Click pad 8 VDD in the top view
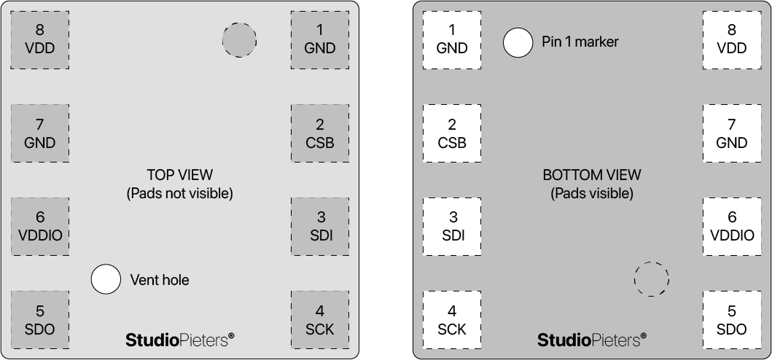pos(40,39)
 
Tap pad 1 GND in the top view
pos(320,39)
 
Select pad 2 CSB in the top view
pos(320,133)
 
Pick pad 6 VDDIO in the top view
pos(40,226)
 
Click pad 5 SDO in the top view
pos(40,320)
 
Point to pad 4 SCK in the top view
pos(320,320)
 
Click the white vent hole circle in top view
pos(106,279)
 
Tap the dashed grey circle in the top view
pos(239,40)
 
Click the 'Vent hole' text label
pos(159,280)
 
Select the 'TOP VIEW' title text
pos(179,175)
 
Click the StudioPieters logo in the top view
pos(180,339)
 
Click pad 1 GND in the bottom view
pos(452,39)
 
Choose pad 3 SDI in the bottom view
pos(452,226)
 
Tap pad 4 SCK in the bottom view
pos(452,320)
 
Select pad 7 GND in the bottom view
pos(732,133)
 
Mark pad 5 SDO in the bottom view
pos(732,320)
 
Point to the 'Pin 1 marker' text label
pos(580,42)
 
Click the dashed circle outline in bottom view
pos(651,279)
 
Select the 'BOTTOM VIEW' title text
pos(592,175)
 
